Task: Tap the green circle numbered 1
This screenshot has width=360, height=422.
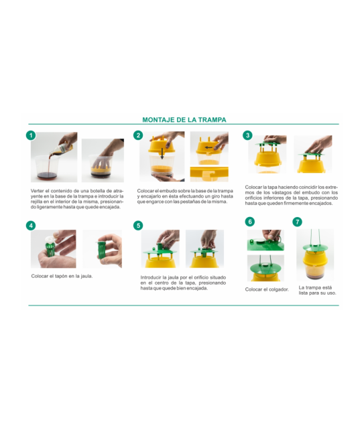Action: (x=31, y=135)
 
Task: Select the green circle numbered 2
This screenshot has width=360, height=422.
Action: (x=138, y=135)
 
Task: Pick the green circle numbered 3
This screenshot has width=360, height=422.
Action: (x=247, y=135)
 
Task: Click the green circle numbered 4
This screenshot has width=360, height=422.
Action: (x=31, y=226)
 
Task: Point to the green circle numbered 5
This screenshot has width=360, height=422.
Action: (x=138, y=226)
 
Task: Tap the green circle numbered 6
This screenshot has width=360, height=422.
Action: (x=250, y=222)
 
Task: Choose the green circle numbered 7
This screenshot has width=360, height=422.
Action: (x=297, y=222)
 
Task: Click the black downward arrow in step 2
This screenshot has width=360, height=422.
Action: (x=162, y=153)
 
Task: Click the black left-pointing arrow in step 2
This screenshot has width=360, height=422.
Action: (x=208, y=147)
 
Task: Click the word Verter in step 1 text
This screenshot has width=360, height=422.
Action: (x=37, y=191)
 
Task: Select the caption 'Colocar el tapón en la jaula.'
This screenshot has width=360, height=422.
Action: (x=62, y=276)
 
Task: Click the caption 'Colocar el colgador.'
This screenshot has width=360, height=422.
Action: (x=267, y=289)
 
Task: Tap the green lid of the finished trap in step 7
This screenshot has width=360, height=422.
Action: (x=315, y=248)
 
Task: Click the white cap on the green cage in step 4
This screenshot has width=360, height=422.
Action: (x=50, y=239)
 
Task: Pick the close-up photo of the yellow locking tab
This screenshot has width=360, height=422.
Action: (x=209, y=174)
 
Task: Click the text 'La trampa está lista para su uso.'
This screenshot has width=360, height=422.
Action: (x=317, y=290)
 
